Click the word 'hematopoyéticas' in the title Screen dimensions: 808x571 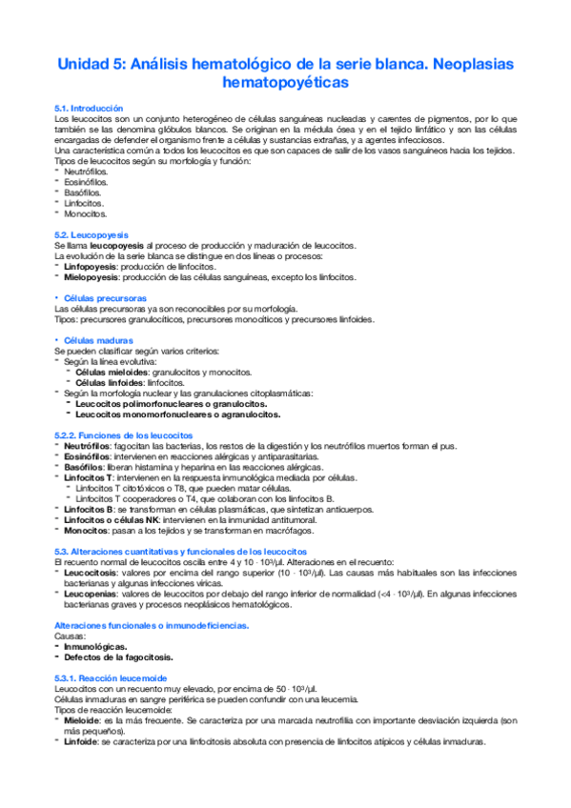(x=285, y=84)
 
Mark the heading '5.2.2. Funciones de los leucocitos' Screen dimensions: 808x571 (x=125, y=435)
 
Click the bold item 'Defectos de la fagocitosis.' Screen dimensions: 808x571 (x=119, y=657)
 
